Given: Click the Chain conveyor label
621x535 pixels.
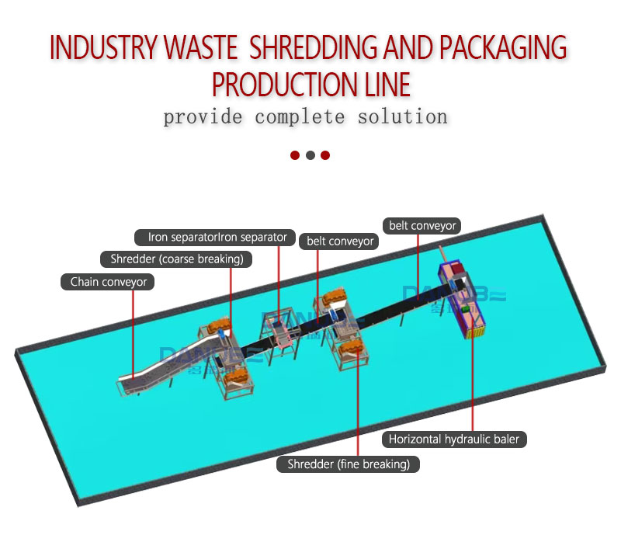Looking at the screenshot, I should (x=108, y=282).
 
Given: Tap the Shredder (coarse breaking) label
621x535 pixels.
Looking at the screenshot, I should (x=177, y=259).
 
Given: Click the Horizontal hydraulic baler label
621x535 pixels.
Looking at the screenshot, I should (x=454, y=439).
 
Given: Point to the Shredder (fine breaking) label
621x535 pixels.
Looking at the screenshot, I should (x=349, y=464).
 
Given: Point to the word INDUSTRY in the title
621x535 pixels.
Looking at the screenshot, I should (x=102, y=48).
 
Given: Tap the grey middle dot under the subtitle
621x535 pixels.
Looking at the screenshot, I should (x=310, y=155).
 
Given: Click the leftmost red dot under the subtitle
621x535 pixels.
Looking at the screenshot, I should (x=295, y=155).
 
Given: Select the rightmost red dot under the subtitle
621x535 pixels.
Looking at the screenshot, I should (x=325, y=155).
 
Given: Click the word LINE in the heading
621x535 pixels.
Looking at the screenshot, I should (x=383, y=84).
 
